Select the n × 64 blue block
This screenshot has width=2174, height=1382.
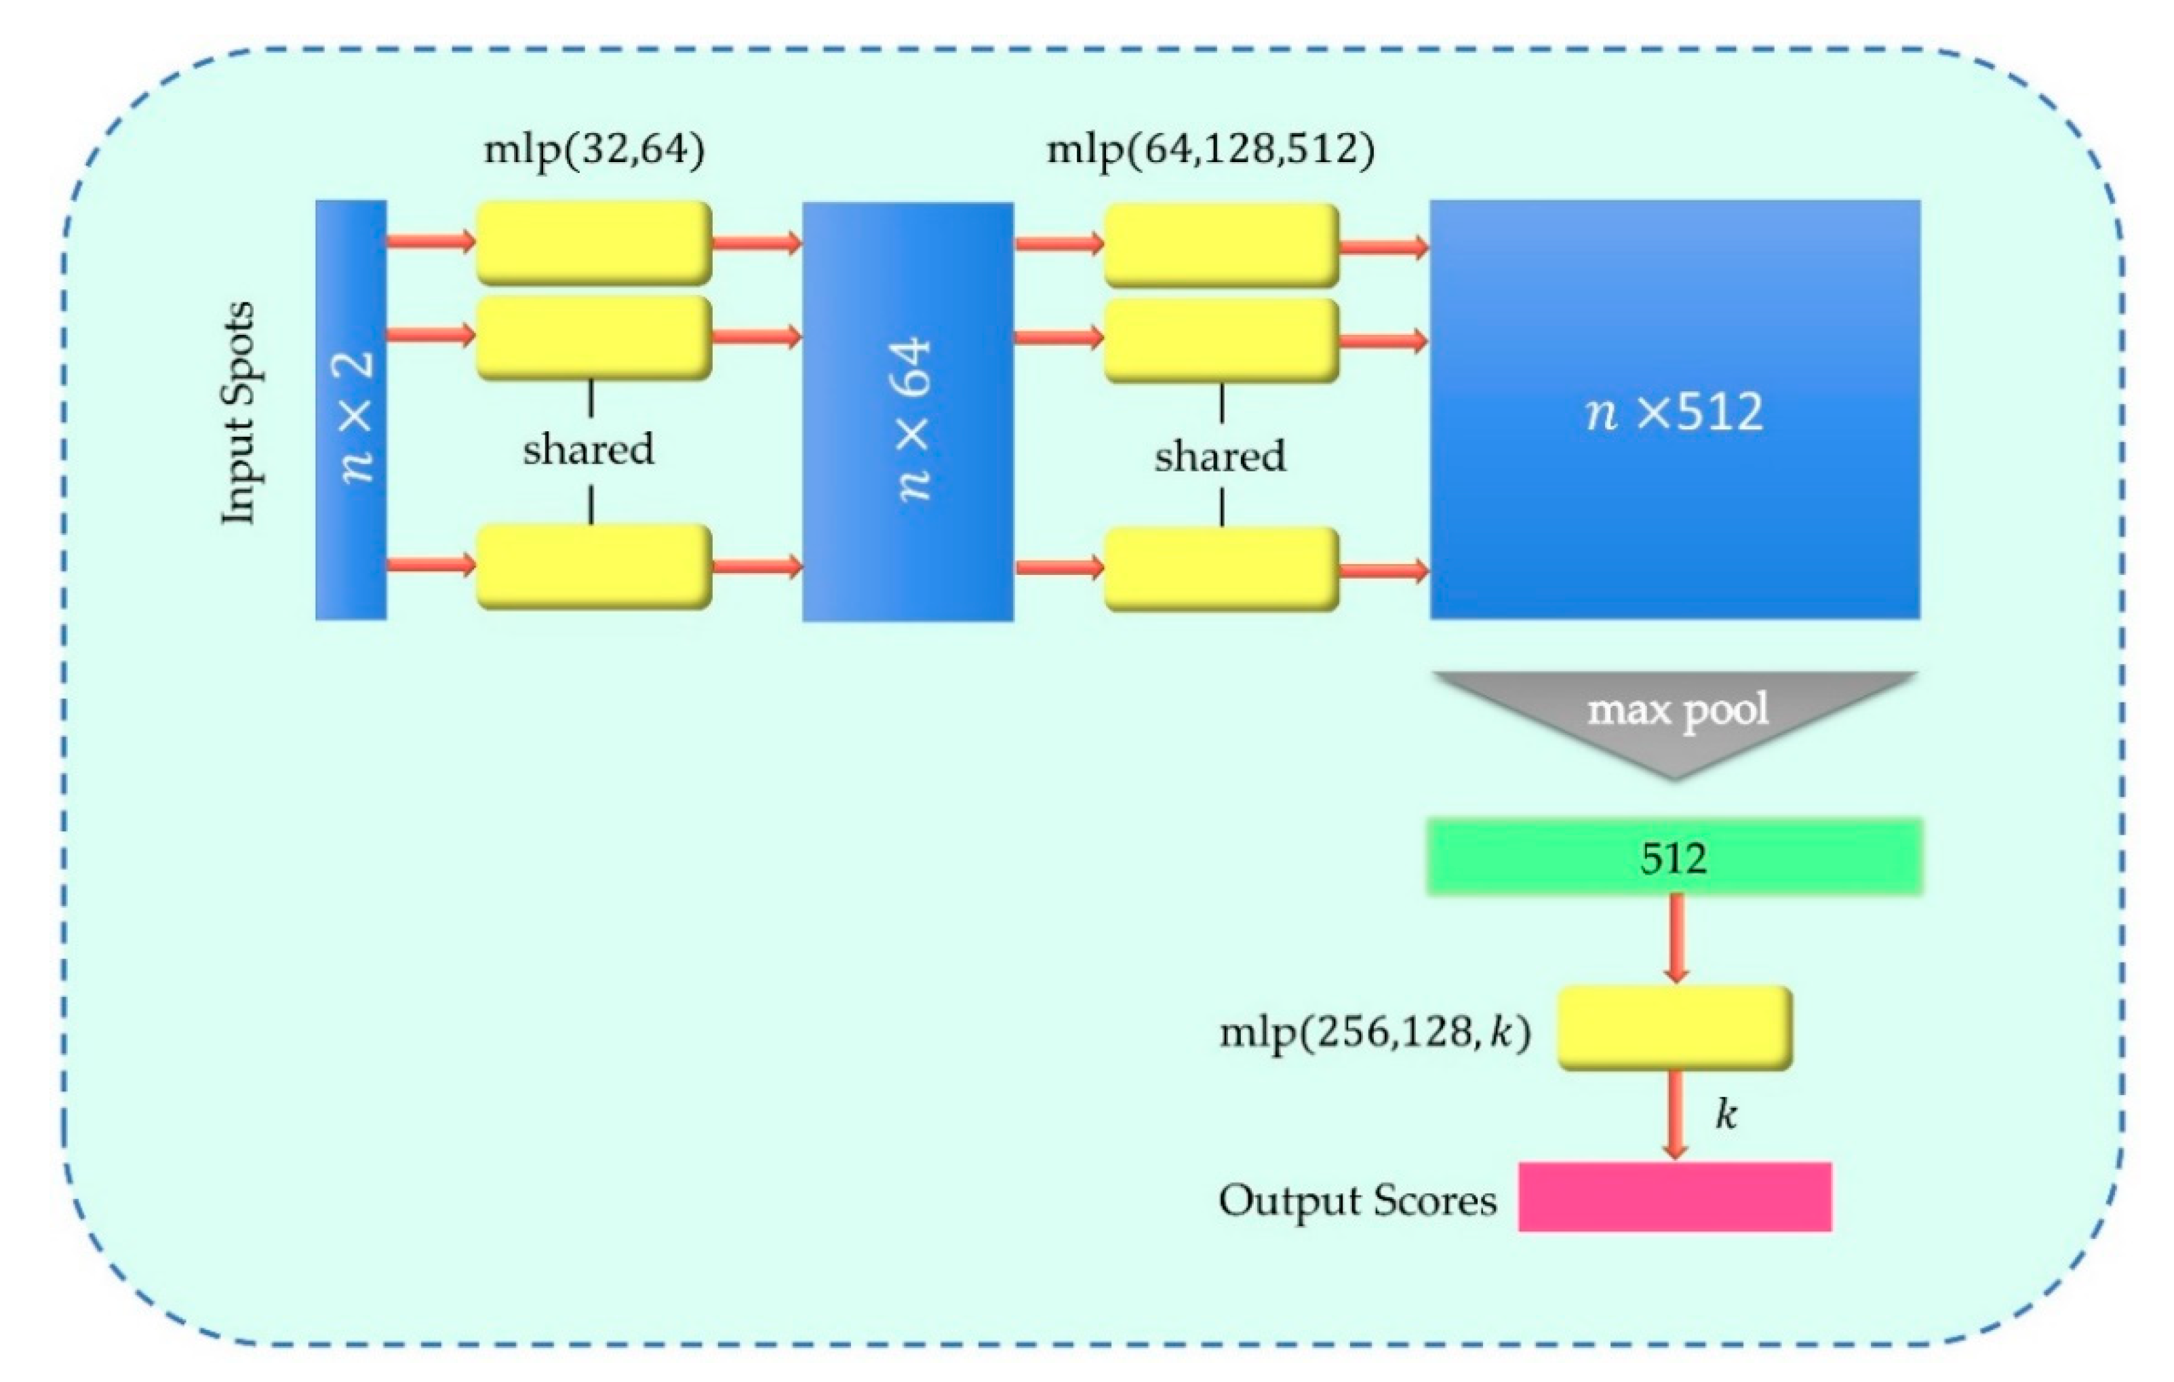coord(907,412)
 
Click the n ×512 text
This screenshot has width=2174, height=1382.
coord(1675,412)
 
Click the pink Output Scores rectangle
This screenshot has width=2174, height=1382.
coord(1675,1197)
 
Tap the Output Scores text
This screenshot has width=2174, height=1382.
coord(1357,1200)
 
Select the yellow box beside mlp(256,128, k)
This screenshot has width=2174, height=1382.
coord(1675,1028)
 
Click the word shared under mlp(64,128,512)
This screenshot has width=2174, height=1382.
coord(1220,456)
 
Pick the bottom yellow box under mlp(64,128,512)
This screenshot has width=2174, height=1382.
coord(1221,569)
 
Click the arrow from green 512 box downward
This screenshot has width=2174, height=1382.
coord(1676,939)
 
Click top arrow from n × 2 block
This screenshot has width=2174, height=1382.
coord(431,241)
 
